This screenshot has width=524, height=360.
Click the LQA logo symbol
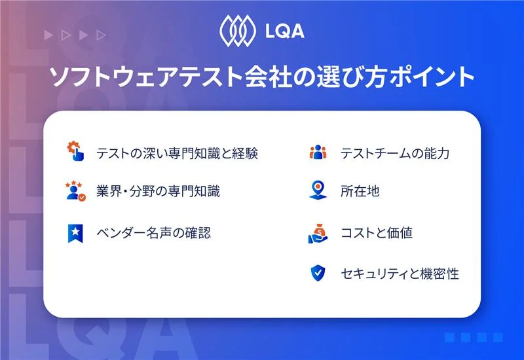coord(234,30)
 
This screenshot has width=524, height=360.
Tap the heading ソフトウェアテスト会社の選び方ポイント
coord(262,77)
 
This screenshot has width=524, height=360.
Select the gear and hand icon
coord(75,152)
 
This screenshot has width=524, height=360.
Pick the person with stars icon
coord(75,191)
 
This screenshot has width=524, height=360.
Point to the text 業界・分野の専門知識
coord(158,192)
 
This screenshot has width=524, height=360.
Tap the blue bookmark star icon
coord(75,232)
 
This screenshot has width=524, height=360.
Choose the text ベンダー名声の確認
coord(153,232)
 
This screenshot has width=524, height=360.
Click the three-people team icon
coord(318,153)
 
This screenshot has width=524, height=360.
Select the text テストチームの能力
coord(394,153)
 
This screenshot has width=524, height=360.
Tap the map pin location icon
coord(318,191)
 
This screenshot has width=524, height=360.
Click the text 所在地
coord(360,192)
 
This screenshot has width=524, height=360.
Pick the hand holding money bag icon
coord(318,232)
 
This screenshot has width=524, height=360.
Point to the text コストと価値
coord(377,232)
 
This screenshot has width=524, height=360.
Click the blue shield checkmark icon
coord(318,273)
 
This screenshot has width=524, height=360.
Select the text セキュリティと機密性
coord(400,274)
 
